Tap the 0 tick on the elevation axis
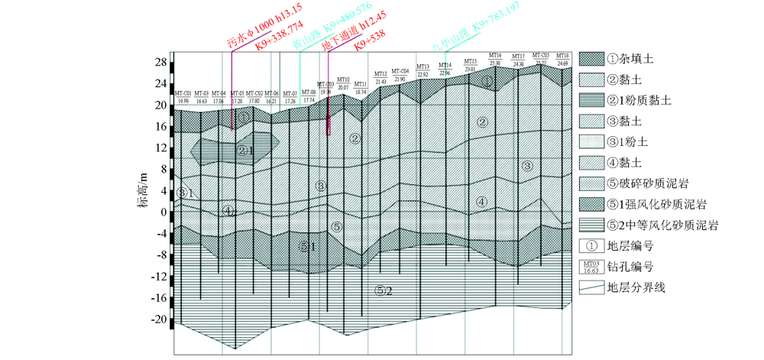point(163,212)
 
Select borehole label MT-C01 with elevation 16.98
point(183,97)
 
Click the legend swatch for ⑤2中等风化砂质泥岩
point(590,225)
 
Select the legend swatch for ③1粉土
point(590,141)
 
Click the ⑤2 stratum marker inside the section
point(384,290)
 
